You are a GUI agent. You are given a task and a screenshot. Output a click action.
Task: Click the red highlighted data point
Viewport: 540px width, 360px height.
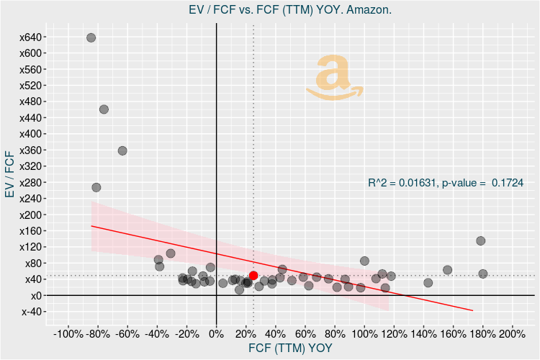tap(253, 276)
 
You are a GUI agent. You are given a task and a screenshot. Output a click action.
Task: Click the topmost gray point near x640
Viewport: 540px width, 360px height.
tap(91, 37)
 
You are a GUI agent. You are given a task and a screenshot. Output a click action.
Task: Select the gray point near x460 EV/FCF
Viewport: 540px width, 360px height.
tap(104, 109)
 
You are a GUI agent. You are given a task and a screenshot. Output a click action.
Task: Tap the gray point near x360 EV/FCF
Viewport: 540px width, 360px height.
tap(122, 150)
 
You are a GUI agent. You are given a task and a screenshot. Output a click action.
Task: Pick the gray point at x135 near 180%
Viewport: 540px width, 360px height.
tap(481, 240)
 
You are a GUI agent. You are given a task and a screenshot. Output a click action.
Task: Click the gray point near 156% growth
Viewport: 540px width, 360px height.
tap(447, 270)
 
